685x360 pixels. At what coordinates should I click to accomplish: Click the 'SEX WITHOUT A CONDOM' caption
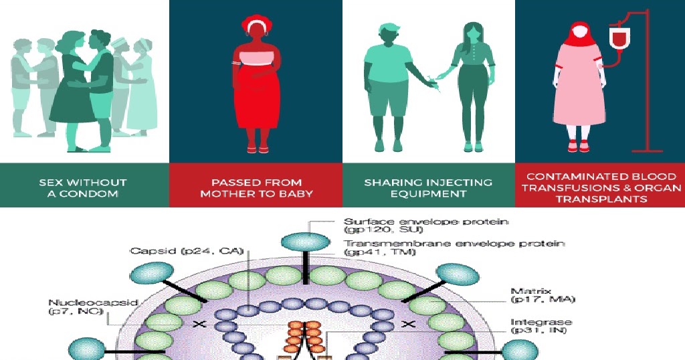click(83, 188)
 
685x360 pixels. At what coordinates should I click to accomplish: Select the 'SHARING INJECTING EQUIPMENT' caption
click(428, 188)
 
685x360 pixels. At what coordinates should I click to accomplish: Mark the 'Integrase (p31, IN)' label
click(537, 326)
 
